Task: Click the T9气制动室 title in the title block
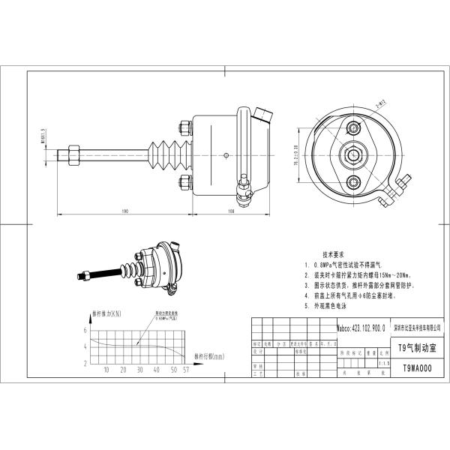[417, 348]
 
